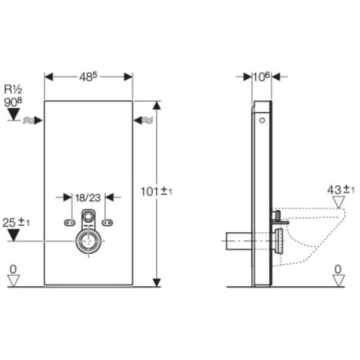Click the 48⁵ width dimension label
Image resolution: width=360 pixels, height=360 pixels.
coord(88,77)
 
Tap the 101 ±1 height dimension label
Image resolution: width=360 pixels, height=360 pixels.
coord(156,191)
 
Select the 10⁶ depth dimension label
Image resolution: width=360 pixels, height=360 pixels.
coord(262,77)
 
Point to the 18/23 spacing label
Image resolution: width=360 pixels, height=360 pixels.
coord(88,198)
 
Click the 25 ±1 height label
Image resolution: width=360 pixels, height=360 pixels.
coord(16,222)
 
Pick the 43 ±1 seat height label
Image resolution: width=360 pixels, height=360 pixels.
coord(341,190)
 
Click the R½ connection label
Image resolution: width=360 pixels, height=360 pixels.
coord(13,89)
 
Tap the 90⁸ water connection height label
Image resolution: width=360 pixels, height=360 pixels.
coord(13,102)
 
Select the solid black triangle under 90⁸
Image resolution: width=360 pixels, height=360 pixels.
coord(14,114)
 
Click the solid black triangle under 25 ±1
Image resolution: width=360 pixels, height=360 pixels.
coord(14,235)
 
